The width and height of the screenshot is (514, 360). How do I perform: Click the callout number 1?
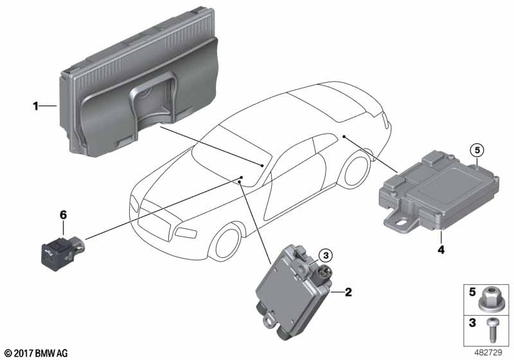pyautogui.click(x=36, y=106)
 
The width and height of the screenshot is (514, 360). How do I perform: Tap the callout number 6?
pyautogui.click(x=63, y=215)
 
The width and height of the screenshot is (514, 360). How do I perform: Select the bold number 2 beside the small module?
pyautogui.click(x=348, y=292)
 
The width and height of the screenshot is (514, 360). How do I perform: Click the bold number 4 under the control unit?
pyautogui.click(x=441, y=250)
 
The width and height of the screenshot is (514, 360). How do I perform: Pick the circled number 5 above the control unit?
pyautogui.click(x=477, y=150)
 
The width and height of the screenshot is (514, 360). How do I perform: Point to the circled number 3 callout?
pyautogui.click(x=326, y=255)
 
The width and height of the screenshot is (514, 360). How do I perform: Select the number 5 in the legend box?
pyautogui.click(x=472, y=292)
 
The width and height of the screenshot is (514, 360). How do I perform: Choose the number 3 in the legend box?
pyautogui.click(x=472, y=323)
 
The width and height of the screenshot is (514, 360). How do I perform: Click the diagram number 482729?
pyautogui.click(x=488, y=352)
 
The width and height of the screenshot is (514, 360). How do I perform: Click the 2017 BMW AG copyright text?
pyautogui.click(x=37, y=353)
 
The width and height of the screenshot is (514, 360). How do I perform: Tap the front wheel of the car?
pyautogui.click(x=227, y=243)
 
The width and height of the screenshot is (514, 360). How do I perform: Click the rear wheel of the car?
pyautogui.click(x=356, y=171)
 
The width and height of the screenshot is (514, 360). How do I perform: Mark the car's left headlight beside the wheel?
pyautogui.click(x=186, y=233)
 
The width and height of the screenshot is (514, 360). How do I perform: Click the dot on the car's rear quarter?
pyautogui.click(x=344, y=136)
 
